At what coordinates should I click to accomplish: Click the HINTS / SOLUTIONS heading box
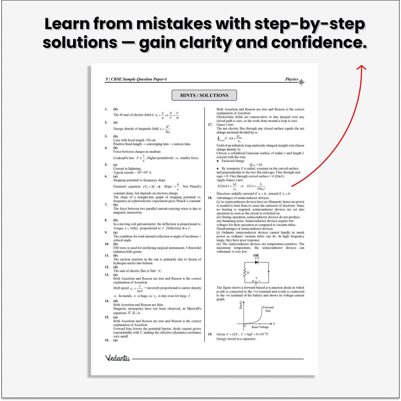coord(204,95)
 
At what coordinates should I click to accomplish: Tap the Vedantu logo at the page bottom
coord(117,358)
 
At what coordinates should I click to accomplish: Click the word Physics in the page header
coord(292,79)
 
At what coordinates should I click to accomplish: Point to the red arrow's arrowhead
coord(361,67)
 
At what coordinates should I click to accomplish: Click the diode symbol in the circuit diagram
coord(257,262)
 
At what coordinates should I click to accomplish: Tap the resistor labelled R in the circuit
coord(245,273)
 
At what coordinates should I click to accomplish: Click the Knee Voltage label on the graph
coord(260,327)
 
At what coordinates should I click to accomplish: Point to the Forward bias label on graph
coord(268,309)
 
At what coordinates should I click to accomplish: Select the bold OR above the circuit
coord(256,255)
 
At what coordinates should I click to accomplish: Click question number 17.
coord(210,125)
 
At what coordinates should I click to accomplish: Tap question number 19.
coord(210,334)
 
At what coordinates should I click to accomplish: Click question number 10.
coord(107,244)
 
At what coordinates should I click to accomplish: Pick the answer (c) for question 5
coord(115,165)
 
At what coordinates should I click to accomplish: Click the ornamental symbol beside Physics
coord(301,82)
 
